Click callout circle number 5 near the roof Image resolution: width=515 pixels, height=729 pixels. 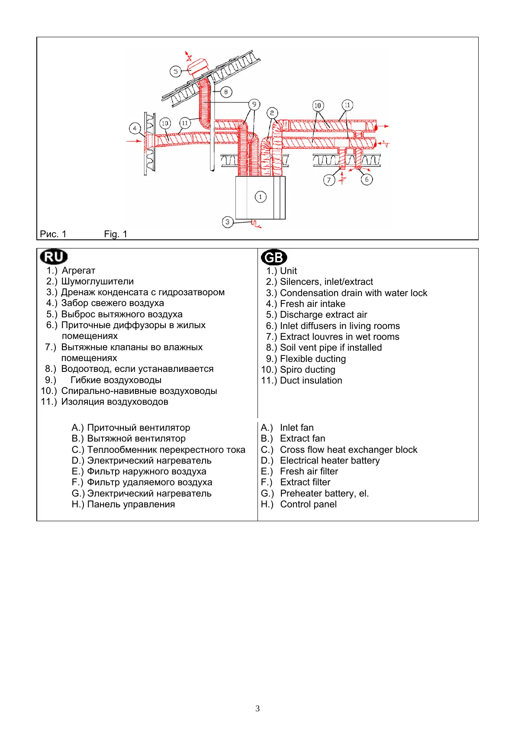[175, 71]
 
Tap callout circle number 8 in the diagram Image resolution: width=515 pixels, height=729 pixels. [226, 92]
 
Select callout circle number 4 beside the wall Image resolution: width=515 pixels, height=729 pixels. [135, 128]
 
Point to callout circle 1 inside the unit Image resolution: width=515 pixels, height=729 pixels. [261, 197]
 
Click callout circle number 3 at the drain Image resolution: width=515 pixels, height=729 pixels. [228, 222]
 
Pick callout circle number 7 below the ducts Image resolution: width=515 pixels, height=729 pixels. [329, 180]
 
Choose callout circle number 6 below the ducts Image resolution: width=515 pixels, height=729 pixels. [367, 179]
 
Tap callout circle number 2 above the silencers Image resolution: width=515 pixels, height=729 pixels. [272, 113]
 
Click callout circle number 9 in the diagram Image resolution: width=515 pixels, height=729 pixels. [254, 104]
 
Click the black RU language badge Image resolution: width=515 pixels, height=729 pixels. [54, 257]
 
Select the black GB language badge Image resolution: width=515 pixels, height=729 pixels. [274, 258]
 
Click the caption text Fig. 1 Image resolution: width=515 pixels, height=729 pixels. [116, 234]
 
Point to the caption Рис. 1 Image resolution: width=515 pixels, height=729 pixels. [53, 234]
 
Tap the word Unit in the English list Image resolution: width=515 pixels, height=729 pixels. [288, 271]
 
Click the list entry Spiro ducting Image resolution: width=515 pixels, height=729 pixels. [307, 370]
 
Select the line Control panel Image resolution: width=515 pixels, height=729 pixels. [308, 504]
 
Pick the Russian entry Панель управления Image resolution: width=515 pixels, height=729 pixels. [131, 504]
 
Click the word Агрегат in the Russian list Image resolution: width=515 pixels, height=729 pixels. [78, 271]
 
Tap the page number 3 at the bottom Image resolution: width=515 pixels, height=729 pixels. [257, 709]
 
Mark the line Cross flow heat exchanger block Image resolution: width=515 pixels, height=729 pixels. [348, 450]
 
